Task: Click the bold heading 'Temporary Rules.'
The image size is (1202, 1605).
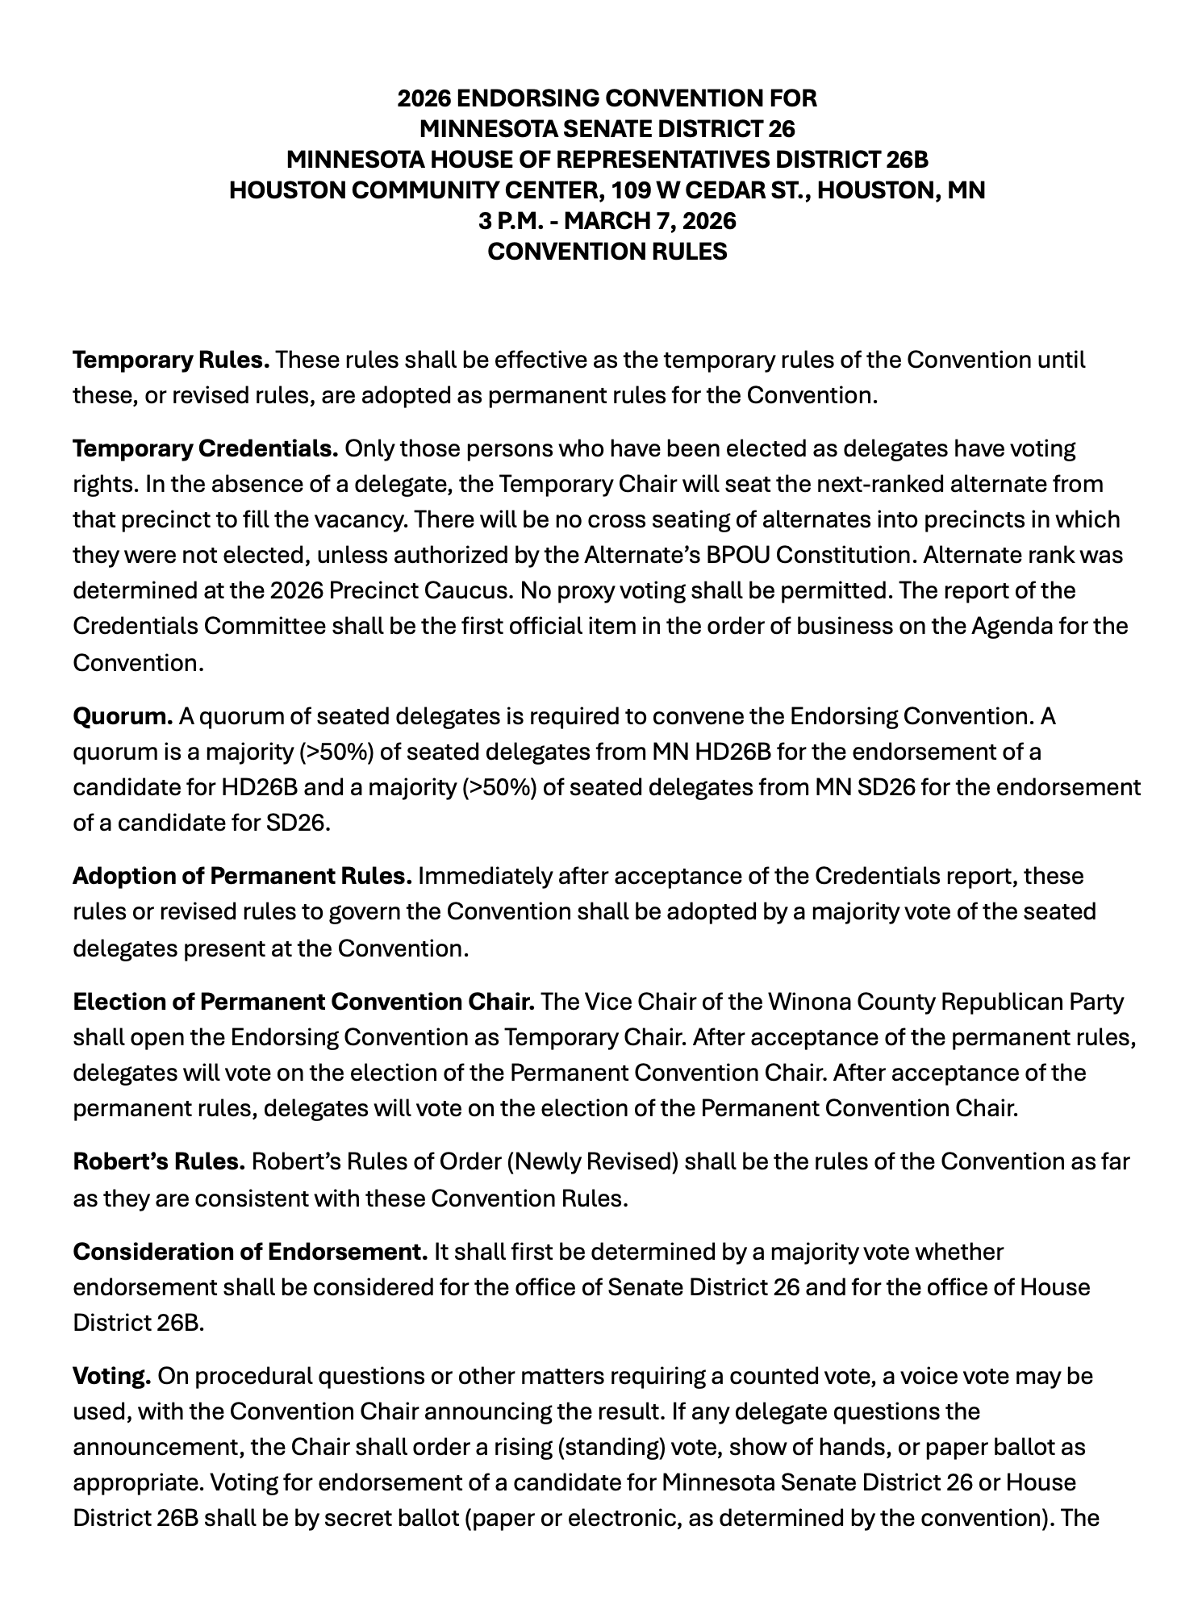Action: [171, 360]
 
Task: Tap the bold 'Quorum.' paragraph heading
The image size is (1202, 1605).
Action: [123, 716]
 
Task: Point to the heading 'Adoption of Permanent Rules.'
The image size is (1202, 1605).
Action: [242, 876]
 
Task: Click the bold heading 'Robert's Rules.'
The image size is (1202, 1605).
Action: [159, 1162]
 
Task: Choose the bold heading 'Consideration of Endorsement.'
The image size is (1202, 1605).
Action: [250, 1252]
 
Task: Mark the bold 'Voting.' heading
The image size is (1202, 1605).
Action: [112, 1376]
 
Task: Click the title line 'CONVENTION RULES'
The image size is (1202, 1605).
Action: [607, 252]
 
